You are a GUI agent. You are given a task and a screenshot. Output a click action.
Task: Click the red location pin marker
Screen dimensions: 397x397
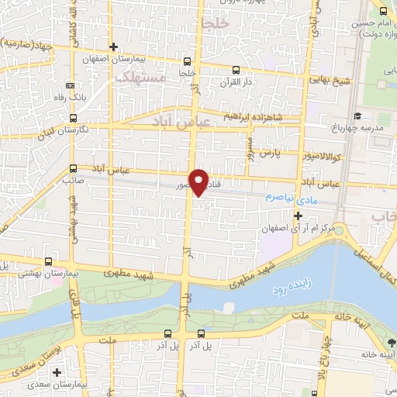pyautogui.click(x=199, y=181)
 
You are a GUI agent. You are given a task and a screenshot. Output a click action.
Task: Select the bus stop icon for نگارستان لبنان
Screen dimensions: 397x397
pyautogui.click(x=72, y=119)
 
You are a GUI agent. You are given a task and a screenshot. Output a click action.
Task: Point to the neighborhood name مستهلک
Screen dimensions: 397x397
pyautogui.click(x=140, y=78)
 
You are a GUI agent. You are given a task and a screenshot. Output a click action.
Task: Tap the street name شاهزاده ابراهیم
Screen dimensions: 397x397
pyautogui.click(x=252, y=116)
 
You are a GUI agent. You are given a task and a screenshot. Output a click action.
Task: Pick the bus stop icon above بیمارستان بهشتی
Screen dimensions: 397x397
pyautogui.click(x=50, y=262)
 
